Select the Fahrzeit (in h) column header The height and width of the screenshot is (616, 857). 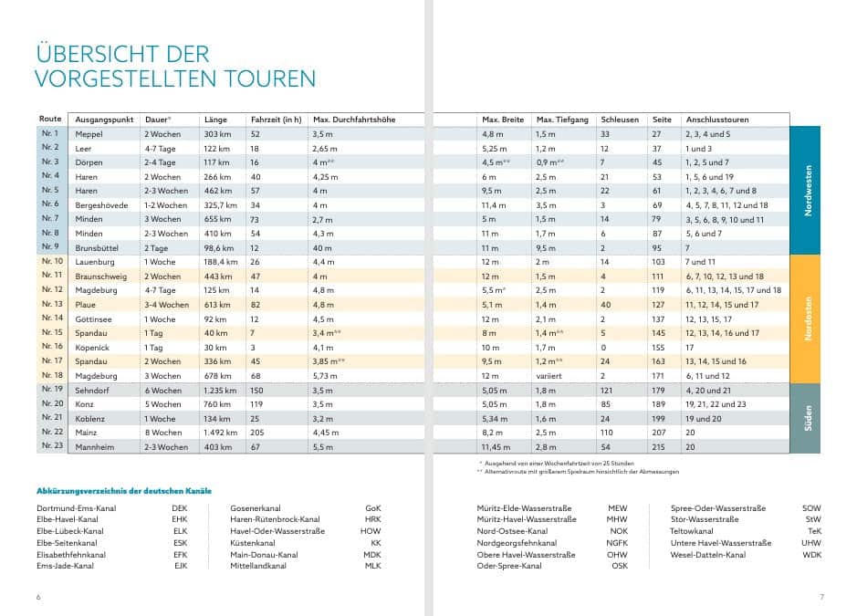click(276, 120)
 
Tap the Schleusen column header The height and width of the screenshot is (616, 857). click(620, 120)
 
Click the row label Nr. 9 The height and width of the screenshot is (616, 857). click(49, 247)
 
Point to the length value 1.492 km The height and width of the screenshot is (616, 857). click(220, 433)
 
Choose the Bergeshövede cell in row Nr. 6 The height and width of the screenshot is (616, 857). click(101, 205)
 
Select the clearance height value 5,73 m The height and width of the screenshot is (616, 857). click(325, 376)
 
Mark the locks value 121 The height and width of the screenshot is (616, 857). click(606, 391)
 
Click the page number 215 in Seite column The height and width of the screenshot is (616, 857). click(659, 447)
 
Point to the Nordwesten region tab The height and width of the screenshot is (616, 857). click(805, 190)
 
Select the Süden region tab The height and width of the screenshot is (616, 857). click(805, 418)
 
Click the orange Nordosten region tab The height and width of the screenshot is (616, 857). click(805, 319)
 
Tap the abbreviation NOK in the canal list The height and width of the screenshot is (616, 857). click(619, 531)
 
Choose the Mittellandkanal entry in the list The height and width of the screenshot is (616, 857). click(258, 566)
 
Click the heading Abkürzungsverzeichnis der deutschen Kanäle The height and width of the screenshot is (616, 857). click(124, 491)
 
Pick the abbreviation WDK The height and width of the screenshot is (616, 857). click(811, 555)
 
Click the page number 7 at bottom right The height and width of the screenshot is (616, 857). click(821, 597)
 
